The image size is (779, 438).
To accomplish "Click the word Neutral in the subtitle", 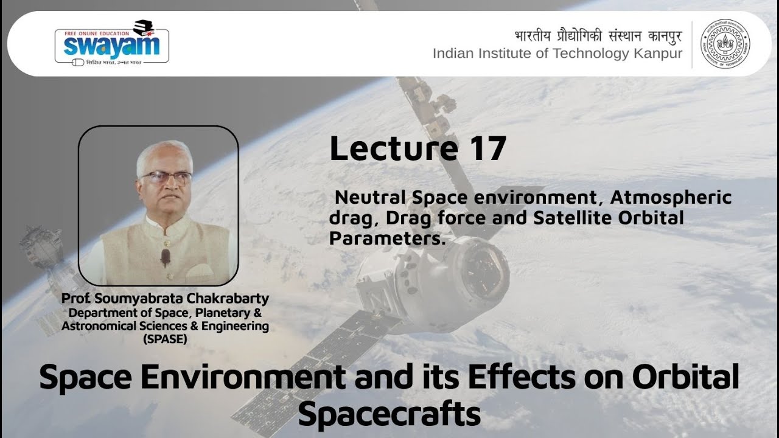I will pos(371,198).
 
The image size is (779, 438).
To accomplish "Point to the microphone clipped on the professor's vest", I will pos(165,256).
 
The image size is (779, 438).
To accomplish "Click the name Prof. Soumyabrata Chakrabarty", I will pos(165,299).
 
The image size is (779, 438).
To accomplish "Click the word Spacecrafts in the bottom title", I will pos(389,415).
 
